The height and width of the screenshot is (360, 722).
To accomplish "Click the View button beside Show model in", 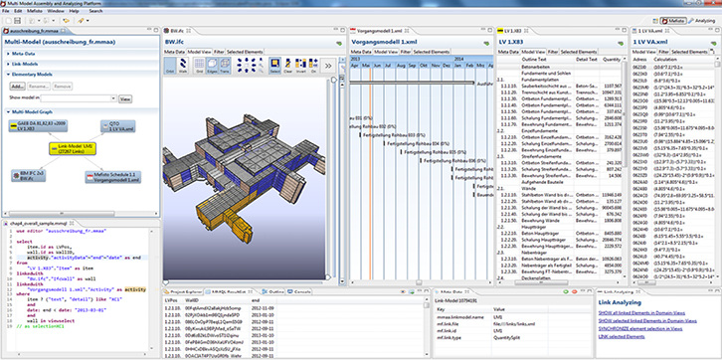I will click(125, 99).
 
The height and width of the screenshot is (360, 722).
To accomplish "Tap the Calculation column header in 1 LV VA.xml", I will click(661, 59).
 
